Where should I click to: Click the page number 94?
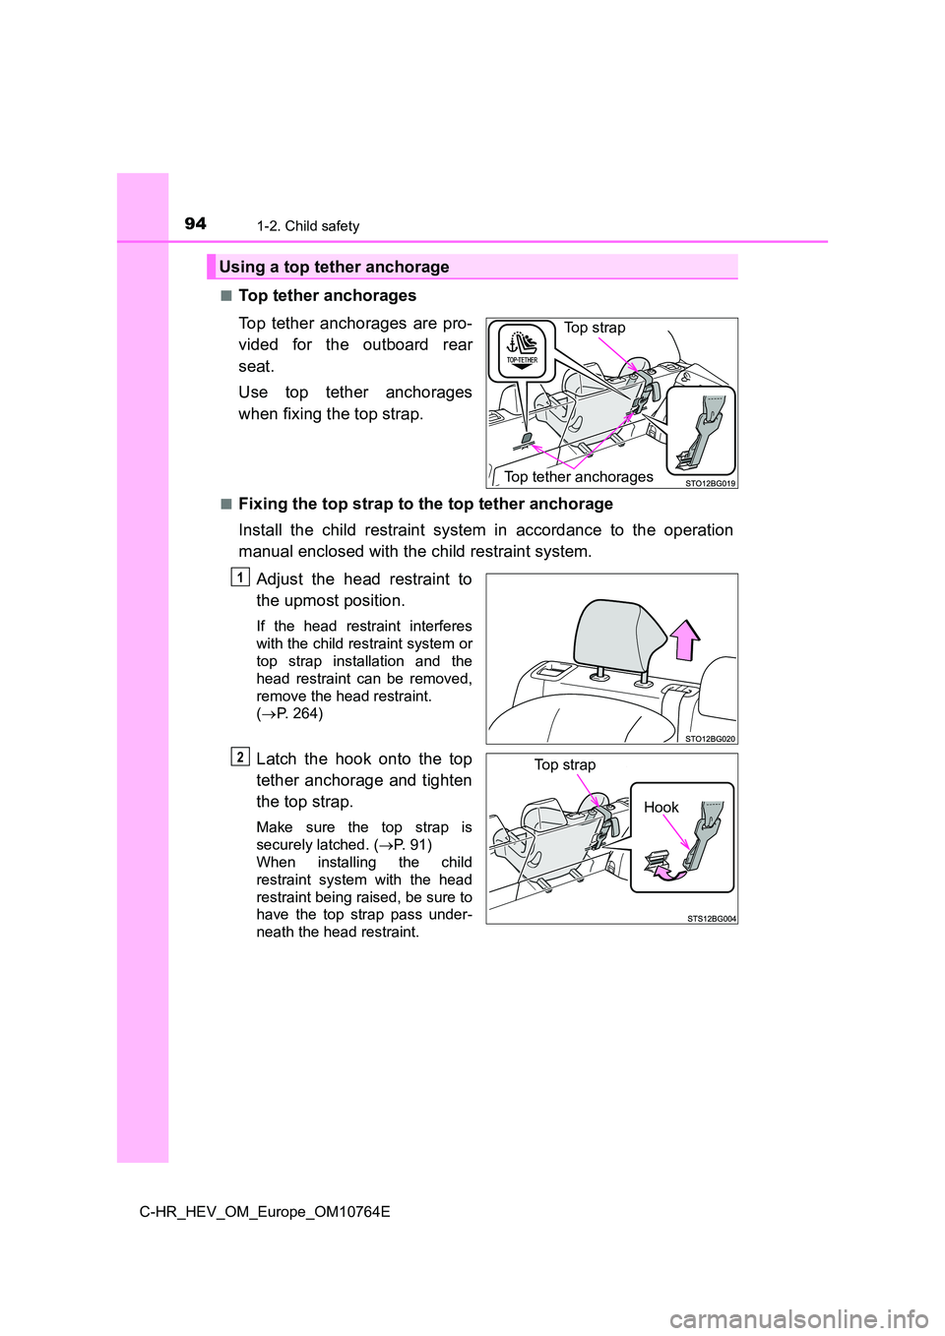pyautogui.click(x=195, y=223)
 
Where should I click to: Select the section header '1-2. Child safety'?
pyautogui.click(x=308, y=226)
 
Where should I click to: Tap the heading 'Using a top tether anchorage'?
pyautogui.click(x=334, y=267)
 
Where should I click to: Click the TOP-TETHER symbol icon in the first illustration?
pyautogui.click(x=522, y=349)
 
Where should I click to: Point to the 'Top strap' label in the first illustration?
pyautogui.click(x=595, y=328)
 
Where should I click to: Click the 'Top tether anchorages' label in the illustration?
pyautogui.click(x=579, y=477)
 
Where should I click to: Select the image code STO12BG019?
pyautogui.click(x=710, y=483)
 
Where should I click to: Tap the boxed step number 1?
pyautogui.click(x=240, y=577)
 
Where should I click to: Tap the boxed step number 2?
pyautogui.click(x=240, y=757)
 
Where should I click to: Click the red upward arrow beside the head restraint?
pyautogui.click(x=686, y=639)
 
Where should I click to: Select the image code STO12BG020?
pyautogui.click(x=710, y=739)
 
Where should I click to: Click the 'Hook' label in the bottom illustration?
pyautogui.click(x=661, y=808)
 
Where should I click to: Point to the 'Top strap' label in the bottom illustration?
pyautogui.click(x=565, y=764)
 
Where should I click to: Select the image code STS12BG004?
pyautogui.click(x=711, y=919)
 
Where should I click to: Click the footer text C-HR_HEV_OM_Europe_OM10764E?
pyautogui.click(x=265, y=1212)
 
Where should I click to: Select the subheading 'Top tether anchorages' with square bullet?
pyautogui.click(x=327, y=295)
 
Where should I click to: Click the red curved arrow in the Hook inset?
pyautogui.click(x=669, y=871)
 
